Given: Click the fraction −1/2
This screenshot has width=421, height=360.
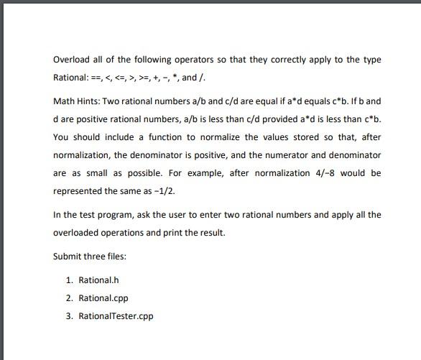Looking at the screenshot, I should point(164,191).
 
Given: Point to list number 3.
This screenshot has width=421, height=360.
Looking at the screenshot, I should point(68,315).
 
